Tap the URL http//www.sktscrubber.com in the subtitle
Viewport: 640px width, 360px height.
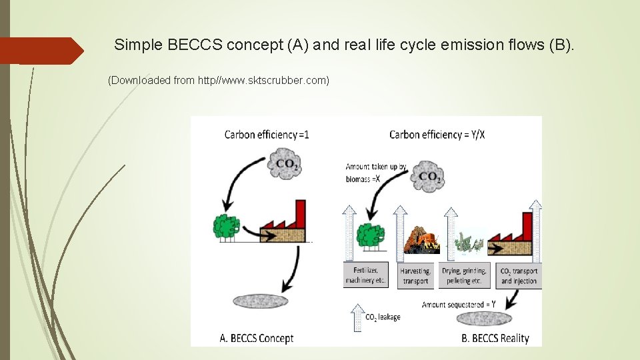tap(263, 81)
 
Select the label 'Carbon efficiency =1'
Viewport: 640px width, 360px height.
tap(267, 135)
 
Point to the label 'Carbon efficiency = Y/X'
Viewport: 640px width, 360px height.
tap(437, 135)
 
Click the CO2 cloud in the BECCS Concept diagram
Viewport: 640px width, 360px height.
tap(285, 164)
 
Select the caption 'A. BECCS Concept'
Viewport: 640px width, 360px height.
tap(257, 338)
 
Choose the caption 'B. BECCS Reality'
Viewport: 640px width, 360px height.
tap(495, 338)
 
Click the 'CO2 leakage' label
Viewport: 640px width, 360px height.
tap(383, 317)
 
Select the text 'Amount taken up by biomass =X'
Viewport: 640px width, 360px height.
tap(376, 172)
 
